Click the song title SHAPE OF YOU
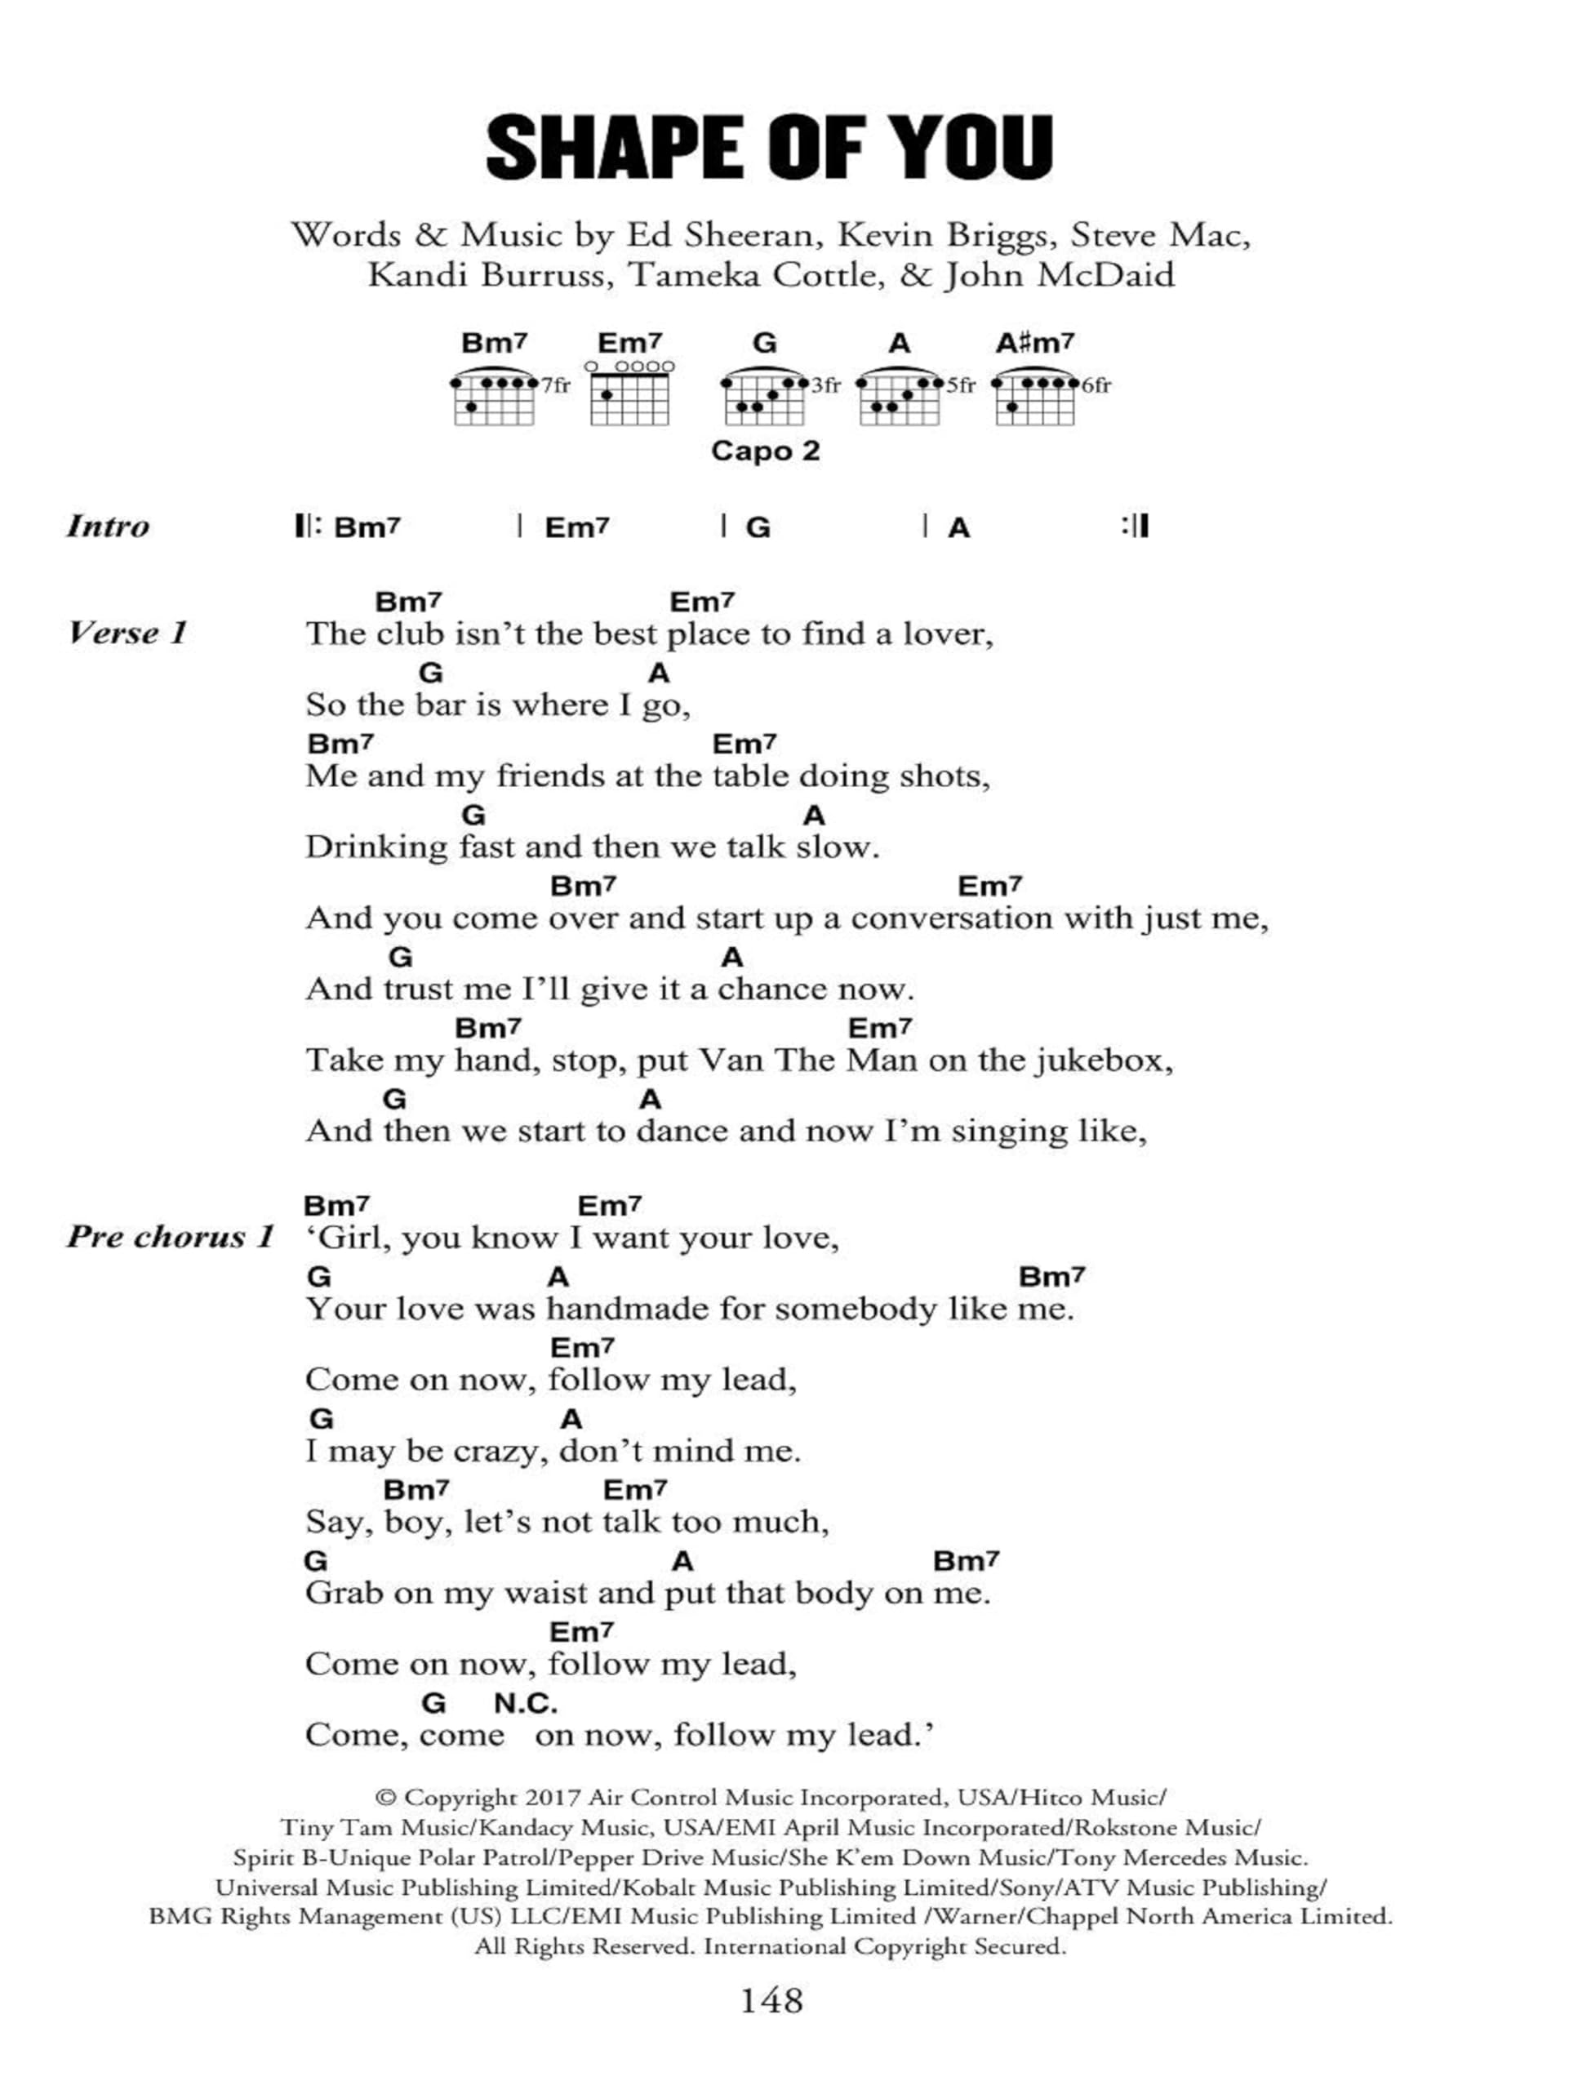tap(770, 148)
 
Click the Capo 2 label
tap(765, 451)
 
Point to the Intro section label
tap(108, 527)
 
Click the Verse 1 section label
tap(127, 633)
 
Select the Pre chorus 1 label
tap(170, 1237)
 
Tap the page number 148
tap(771, 2000)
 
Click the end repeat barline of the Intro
tap(1136, 527)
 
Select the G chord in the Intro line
tap(758, 527)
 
